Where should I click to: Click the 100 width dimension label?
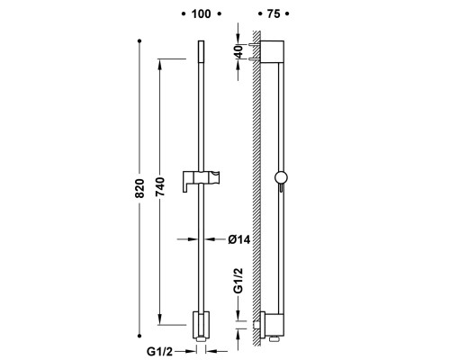coord(201,13)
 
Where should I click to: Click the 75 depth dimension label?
coord(274,13)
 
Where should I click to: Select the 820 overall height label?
coord(139,188)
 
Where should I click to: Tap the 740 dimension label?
coord(160,186)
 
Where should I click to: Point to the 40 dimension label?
coord(238,51)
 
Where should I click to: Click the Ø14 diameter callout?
coord(238,239)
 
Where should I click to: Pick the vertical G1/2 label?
coord(238,280)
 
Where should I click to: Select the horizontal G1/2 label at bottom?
coord(160,351)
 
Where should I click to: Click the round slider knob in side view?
coord(281,177)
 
